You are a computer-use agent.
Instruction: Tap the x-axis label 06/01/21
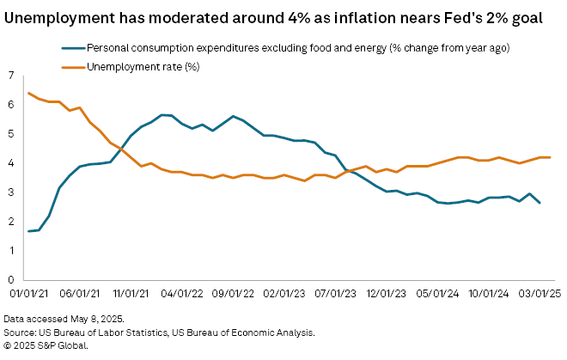[82, 293]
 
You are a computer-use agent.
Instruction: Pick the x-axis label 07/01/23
[341, 293]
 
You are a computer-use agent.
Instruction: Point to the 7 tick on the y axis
[10, 76]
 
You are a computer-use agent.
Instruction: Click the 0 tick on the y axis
[10, 280]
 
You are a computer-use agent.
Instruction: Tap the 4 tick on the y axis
[10, 163]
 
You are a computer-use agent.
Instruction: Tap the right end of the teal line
[539, 203]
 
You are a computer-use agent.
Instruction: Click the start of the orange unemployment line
[30, 93]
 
